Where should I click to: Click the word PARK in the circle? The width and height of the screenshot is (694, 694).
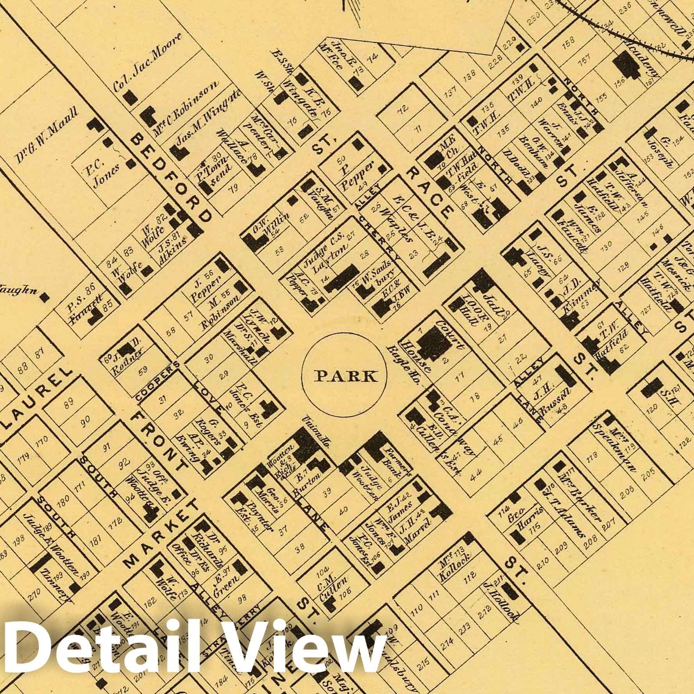[x=345, y=376]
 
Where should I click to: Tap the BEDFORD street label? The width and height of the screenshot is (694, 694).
[x=171, y=178]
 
